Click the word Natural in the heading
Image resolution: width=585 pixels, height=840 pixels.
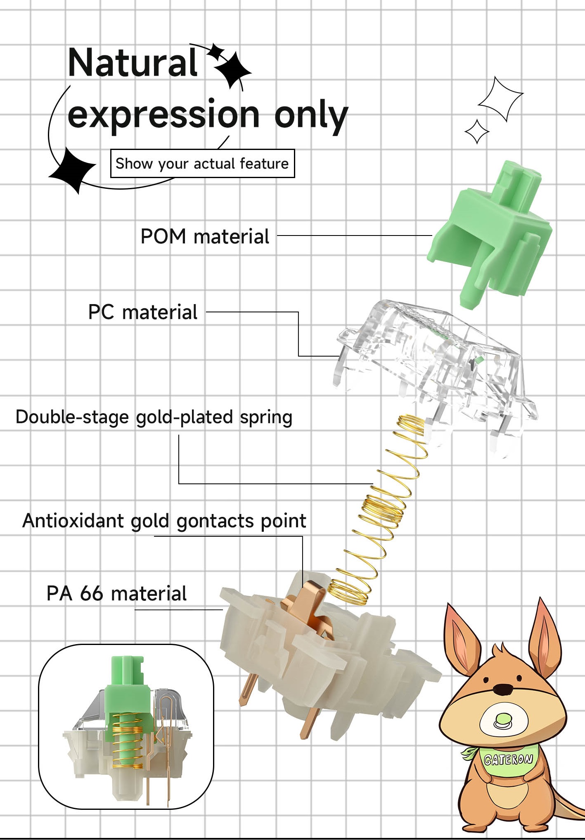click(x=132, y=63)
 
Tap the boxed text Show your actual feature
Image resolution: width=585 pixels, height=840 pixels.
click(x=202, y=164)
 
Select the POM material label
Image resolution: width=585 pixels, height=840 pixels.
click(x=205, y=237)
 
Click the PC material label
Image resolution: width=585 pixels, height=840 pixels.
click(x=143, y=312)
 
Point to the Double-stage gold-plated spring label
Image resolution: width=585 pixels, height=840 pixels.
click(x=154, y=417)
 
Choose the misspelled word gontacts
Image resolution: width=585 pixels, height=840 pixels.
click(x=211, y=521)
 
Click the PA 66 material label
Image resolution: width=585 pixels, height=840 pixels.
click(x=116, y=594)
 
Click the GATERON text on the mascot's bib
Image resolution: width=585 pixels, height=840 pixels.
click(x=509, y=759)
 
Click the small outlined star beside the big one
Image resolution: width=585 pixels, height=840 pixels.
click(x=477, y=132)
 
